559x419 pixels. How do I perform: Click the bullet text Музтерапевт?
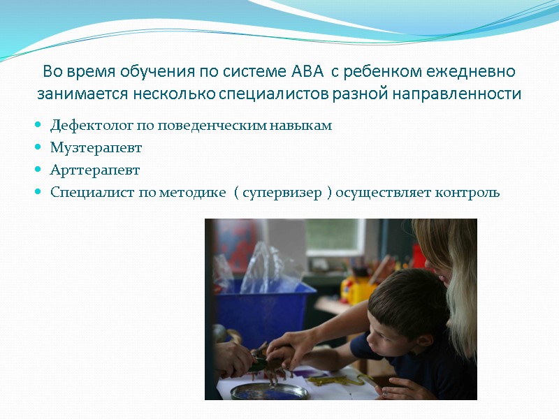[x=96, y=147]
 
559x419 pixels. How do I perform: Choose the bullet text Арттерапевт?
[x=95, y=170]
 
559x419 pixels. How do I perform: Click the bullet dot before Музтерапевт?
[x=38, y=148]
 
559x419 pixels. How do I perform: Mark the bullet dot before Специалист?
[x=38, y=193]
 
